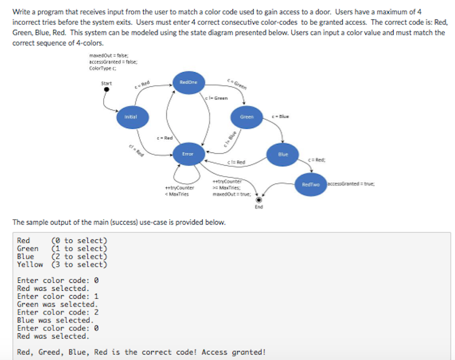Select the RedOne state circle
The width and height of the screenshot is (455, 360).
coord(189,82)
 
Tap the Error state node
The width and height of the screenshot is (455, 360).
coord(187,154)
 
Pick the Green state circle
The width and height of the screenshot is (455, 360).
coord(247,117)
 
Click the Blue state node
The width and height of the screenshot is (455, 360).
coord(283,154)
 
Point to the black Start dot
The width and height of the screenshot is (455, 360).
coord(107,90)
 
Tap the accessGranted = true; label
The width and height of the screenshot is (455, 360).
coord(351,183)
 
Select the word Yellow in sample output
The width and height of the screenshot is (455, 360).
coord(30,264)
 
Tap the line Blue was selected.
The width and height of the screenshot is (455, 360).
coord(55,320)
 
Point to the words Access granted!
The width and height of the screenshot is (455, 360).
coord(233,352)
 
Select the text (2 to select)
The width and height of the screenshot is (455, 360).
coord(79,256)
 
